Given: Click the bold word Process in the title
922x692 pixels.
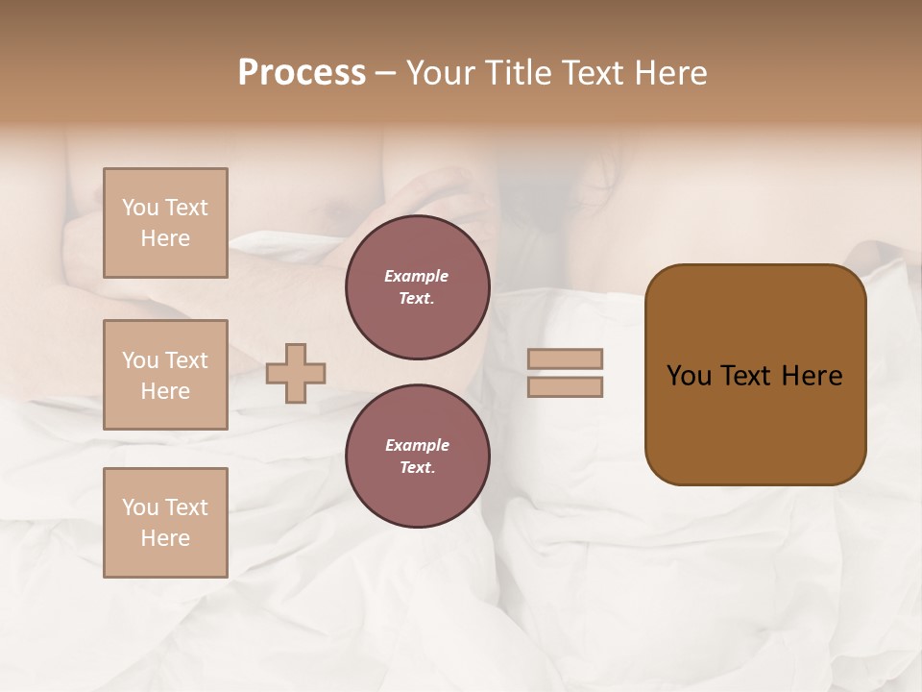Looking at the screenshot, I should pos(302,73).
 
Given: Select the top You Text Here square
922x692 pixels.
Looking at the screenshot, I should pos(165,223).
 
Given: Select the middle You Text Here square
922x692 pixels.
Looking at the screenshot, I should pos(165,375).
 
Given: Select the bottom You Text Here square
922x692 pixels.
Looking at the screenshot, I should pos(165,523).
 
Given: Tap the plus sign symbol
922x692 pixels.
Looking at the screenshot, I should pos(296,373).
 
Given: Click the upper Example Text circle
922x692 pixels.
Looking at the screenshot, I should pos(417,287).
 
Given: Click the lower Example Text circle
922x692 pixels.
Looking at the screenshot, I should pos(417,457).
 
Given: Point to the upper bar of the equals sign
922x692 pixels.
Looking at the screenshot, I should pos(566,358).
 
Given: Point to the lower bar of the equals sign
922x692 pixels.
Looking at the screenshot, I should pos(566,386).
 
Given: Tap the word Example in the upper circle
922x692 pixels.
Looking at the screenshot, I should pos(417,276).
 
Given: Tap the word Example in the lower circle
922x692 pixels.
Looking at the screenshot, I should pos(417,445).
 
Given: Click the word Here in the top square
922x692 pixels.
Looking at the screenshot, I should pos(165,238).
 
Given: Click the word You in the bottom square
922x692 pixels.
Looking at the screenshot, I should pos(139,507).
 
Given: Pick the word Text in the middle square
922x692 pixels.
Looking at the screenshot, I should pos(185,360).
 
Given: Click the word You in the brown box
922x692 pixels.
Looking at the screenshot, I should pos(689,376).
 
